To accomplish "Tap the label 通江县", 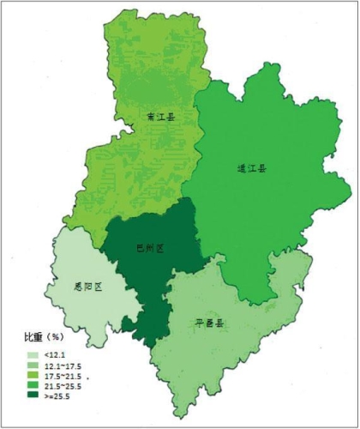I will pyautogui.click(x=251, y=169).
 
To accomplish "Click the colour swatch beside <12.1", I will pyautogui.click(x=33, y=355).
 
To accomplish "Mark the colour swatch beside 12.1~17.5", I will pyautogui.click(x=33, y=366).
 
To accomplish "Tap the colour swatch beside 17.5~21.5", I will pyautogui.click(x=33, y=377).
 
